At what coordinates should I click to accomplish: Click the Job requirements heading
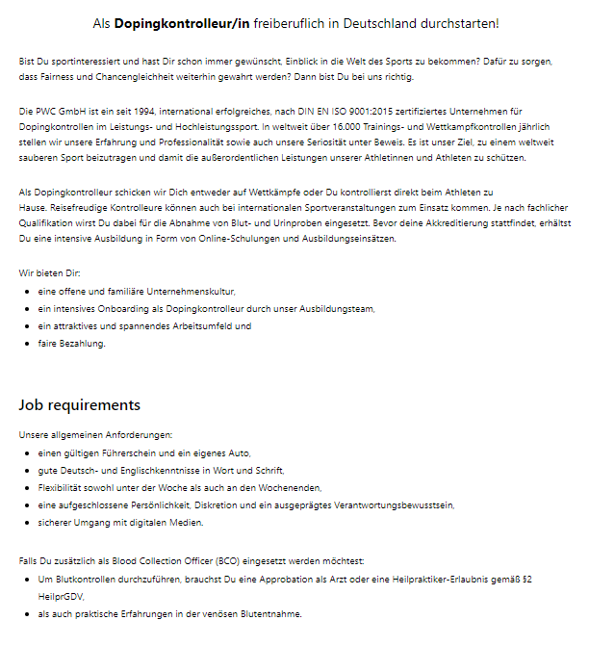pyautogui.click(x=80, y=405)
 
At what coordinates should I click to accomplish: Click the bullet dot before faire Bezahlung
pyautogui.click(x=27, y=344)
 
